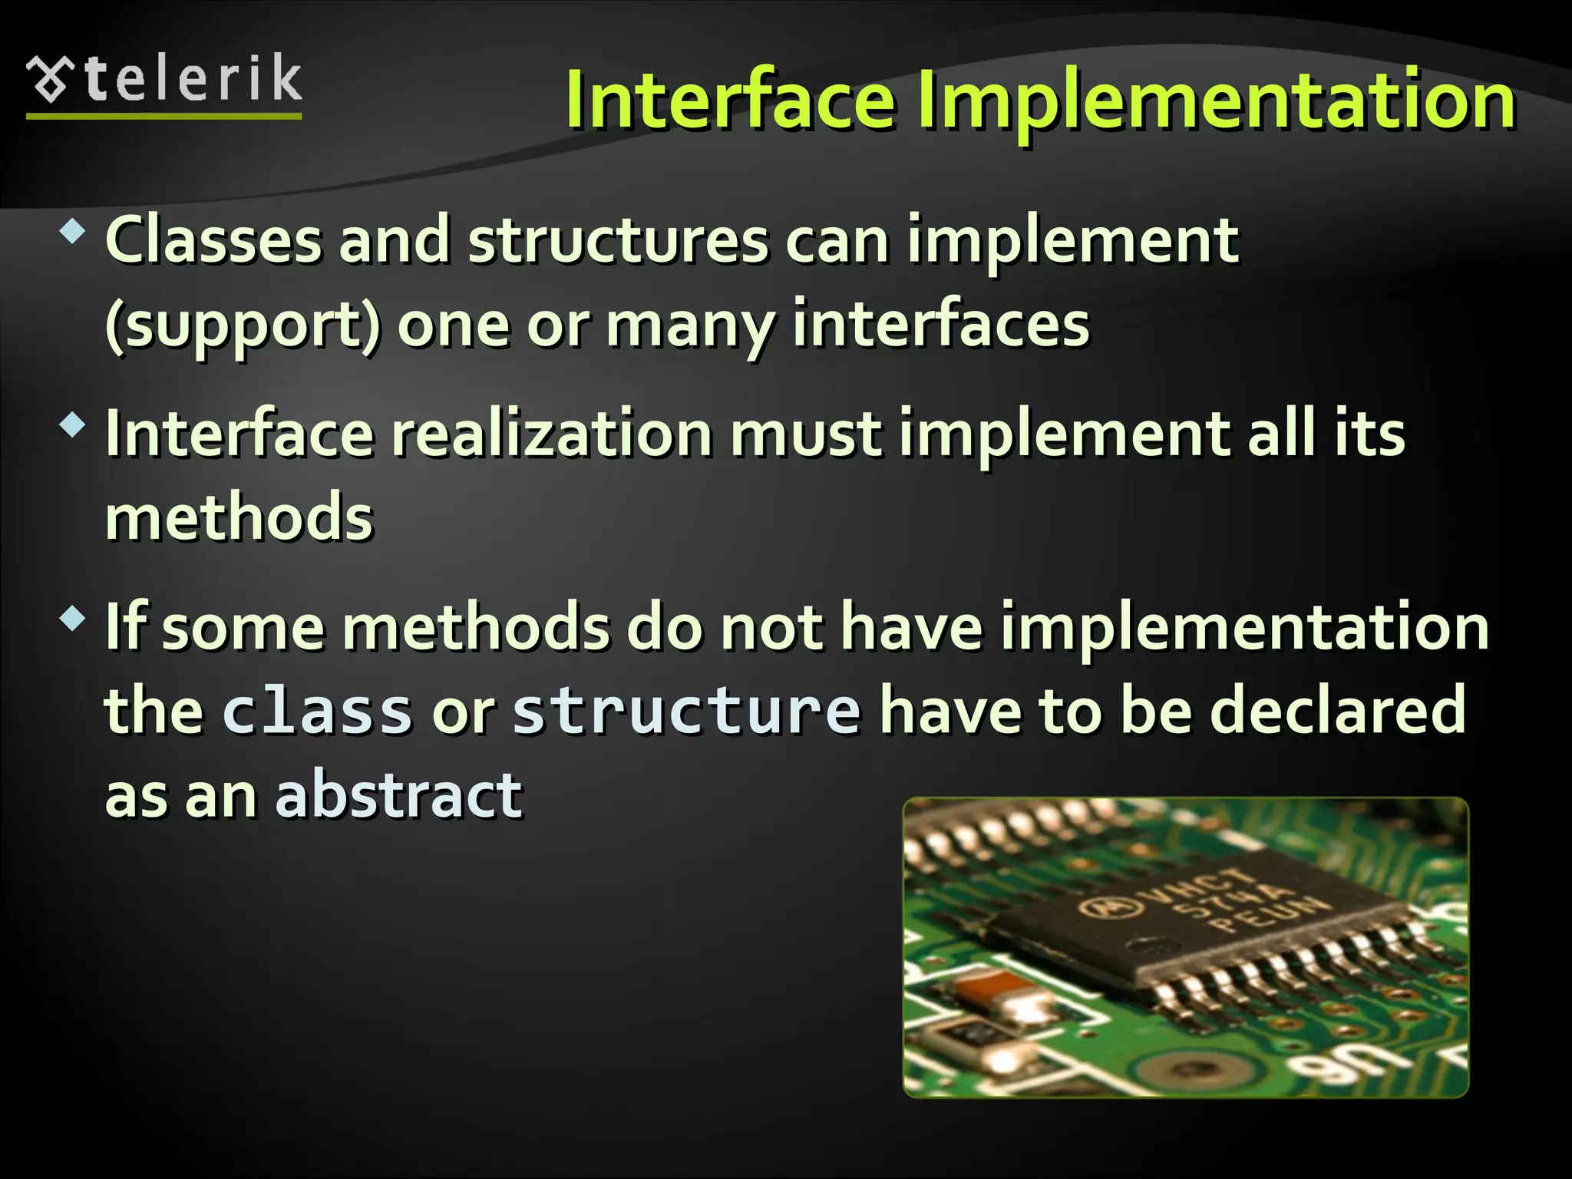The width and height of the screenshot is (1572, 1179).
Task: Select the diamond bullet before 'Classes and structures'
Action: click(x=72, y=231)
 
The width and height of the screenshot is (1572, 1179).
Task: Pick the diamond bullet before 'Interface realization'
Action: click(x=72, y=424)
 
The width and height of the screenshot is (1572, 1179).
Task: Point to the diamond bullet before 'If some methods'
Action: click(x=72, y=618)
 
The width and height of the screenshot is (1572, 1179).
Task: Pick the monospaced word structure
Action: click(x=686, y=711)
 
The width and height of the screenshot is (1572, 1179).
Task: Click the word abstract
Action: click(x=399, y=795)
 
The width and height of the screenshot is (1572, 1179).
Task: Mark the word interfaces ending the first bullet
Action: click(x=940, y=324)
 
